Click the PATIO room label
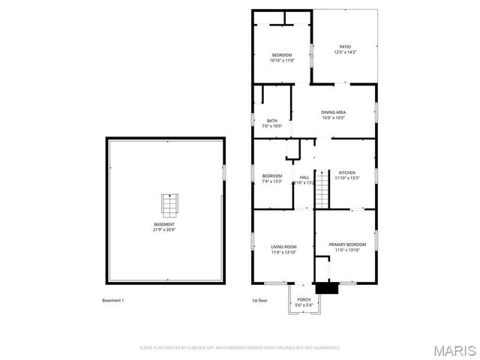pos(345,46)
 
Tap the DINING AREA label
pos(333,112)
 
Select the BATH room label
pos(271,121)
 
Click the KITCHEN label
pos(346,172)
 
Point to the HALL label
pos(304,177)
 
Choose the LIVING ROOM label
pos(283,247)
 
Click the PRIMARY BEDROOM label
pos(347,244)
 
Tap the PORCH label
pos(304,300)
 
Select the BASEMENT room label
pos(164,224)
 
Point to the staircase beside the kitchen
pos(322,189)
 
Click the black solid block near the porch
pos(325,288)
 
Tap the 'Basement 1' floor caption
pos(112,301)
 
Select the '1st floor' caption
pos(259,301)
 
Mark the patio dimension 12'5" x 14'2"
pos(345,52)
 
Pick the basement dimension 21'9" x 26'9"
pos(164,230)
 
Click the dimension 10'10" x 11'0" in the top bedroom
pos(282,61)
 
